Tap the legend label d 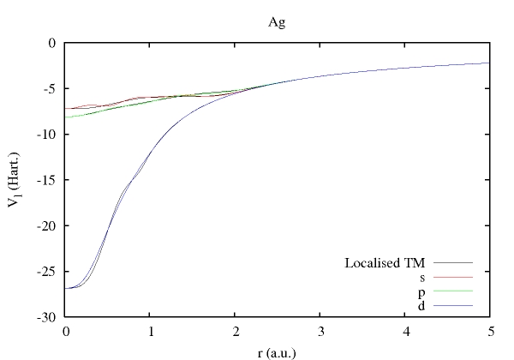click(x=422, y=306)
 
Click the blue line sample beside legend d click(x=453, y=306)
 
